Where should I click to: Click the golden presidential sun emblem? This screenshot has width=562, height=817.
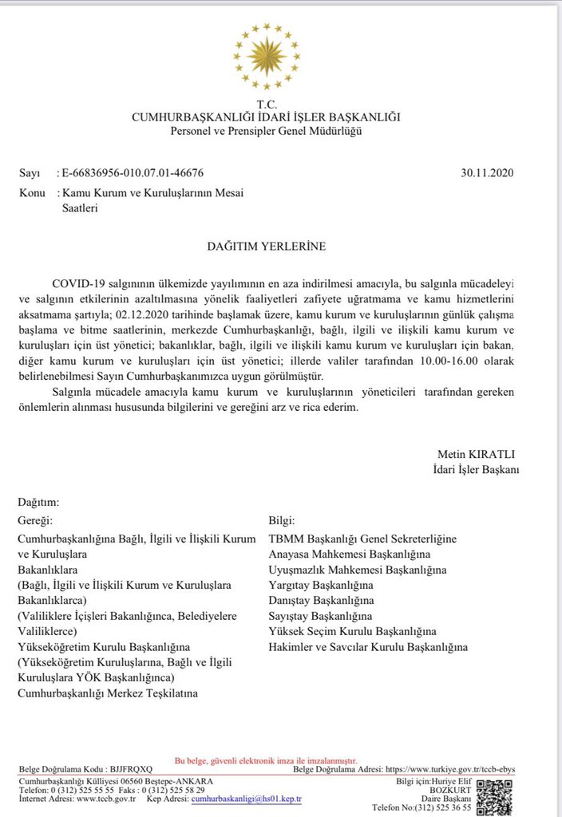[267, 57]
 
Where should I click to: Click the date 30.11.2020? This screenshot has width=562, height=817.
[489, 172]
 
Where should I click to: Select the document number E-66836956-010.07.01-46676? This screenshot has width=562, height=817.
[133, 173]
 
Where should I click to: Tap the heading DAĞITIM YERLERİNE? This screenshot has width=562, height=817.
[266, 247]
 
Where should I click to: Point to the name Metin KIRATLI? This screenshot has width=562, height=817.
[478, 454]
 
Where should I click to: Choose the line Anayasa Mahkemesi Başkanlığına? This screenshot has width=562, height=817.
[350, 555]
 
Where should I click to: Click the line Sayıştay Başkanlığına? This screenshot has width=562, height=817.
[320, 616]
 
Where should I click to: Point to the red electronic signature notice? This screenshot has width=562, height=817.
[266, 761]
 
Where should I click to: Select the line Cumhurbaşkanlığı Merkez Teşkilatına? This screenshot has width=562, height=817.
[108, 693]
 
